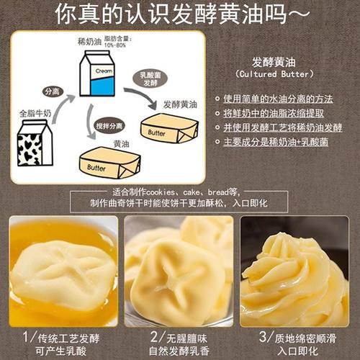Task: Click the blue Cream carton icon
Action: (x=96, y=75)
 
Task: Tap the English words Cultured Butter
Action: (x=275, y=75)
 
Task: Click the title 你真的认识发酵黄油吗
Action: (x=180, y=14)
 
